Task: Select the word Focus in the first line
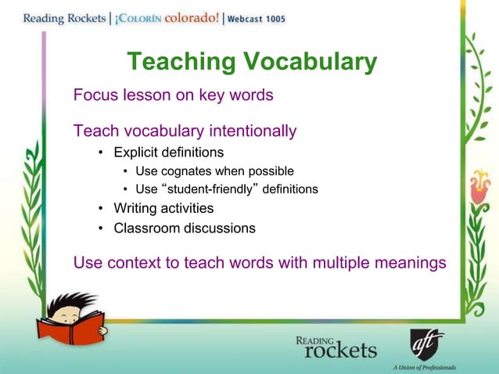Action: coord(95,95)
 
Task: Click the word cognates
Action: coord(199,171)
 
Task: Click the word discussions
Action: coord(220,228)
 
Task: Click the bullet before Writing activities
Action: coord(102,210)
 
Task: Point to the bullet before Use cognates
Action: coord(127,171)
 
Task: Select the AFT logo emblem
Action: coord(427,344)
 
